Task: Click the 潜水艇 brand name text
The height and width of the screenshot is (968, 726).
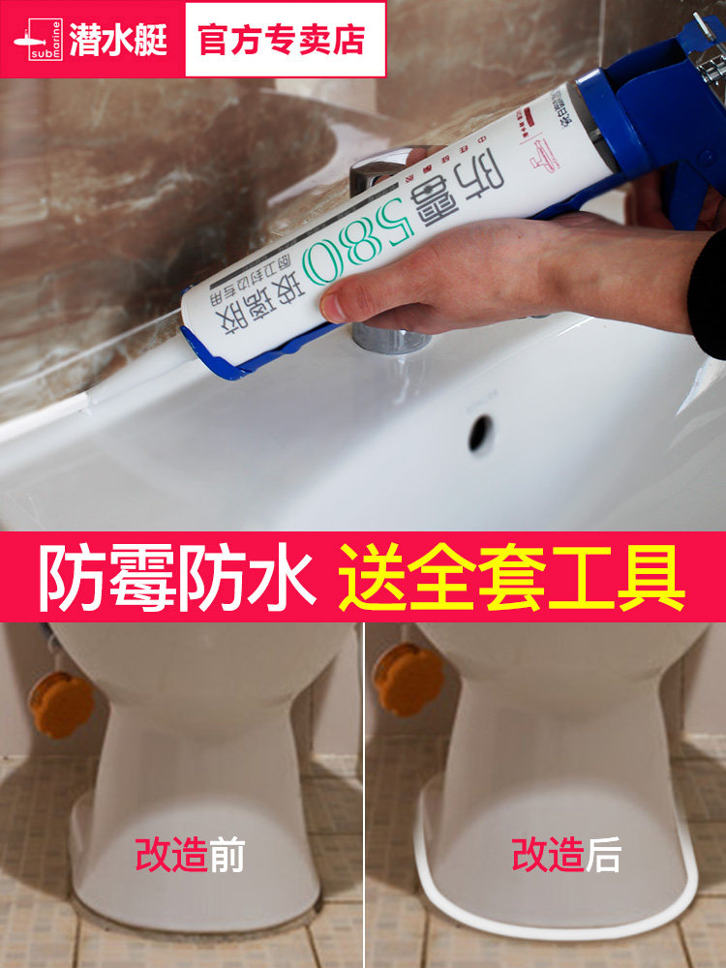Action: coord(125,40)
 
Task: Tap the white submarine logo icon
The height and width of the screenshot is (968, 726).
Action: coord(38,40)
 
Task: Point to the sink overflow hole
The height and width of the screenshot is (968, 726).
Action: coord(481,434)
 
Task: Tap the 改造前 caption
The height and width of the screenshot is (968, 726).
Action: coord(190,856)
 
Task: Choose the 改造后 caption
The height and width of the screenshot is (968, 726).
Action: coord(565,856)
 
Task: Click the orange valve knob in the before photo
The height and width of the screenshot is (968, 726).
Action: coord(60,704)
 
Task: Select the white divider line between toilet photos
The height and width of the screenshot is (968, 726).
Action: coord(365,794)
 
